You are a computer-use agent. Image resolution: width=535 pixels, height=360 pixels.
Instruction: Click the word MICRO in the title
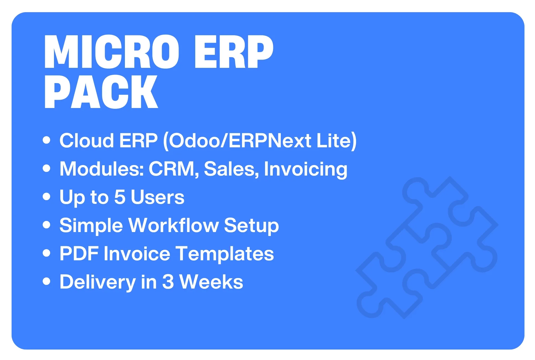(112, 52)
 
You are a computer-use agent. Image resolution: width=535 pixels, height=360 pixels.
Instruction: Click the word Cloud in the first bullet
(87, 140)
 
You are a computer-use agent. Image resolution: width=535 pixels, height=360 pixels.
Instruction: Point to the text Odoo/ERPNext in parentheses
(240, 140)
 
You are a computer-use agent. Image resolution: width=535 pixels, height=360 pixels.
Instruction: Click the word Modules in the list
(102, 169)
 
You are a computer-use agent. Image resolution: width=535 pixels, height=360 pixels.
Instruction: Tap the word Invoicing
(305, 169)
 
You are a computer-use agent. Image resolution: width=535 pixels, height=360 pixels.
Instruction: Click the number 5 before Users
(120, 197)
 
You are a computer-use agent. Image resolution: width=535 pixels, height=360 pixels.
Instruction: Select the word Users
(157, 197)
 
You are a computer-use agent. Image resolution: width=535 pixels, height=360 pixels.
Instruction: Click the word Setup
(251, 226)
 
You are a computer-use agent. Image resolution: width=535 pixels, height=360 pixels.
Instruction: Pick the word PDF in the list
(79, 254)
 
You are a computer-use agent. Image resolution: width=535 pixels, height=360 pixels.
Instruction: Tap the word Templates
(225, 254)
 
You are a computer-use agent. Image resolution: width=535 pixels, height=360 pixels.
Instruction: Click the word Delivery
(97, 282)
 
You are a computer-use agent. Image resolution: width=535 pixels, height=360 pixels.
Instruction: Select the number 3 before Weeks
(168, 282)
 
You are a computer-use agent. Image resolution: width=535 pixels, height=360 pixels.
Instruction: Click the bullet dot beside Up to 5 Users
(47, 197)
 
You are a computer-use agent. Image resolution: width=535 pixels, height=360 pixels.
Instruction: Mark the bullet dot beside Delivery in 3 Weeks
(47, 281)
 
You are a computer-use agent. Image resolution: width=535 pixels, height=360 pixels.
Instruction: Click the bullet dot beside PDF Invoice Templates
(47, 253)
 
